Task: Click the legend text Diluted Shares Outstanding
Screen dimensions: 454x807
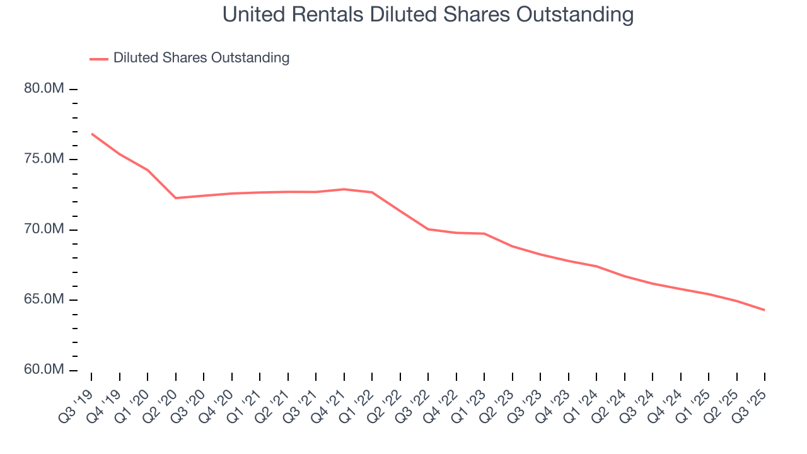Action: point(201,58)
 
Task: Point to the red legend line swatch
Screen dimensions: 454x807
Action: point(99,59)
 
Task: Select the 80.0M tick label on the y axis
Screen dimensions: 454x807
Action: point(44,89)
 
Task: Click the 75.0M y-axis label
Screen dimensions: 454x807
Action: point(44,159)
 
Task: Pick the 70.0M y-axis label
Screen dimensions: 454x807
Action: point(44,230)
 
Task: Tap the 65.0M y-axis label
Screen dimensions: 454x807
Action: point(44,300)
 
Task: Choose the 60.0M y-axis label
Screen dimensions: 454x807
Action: point(44,370)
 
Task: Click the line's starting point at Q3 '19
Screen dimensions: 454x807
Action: point(92,134)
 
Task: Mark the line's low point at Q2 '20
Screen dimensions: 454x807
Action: point(176,198)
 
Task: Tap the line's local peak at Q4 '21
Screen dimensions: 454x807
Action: point(344,189)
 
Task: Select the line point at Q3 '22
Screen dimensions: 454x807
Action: point(428,229)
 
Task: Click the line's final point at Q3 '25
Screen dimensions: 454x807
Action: point(765,310)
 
